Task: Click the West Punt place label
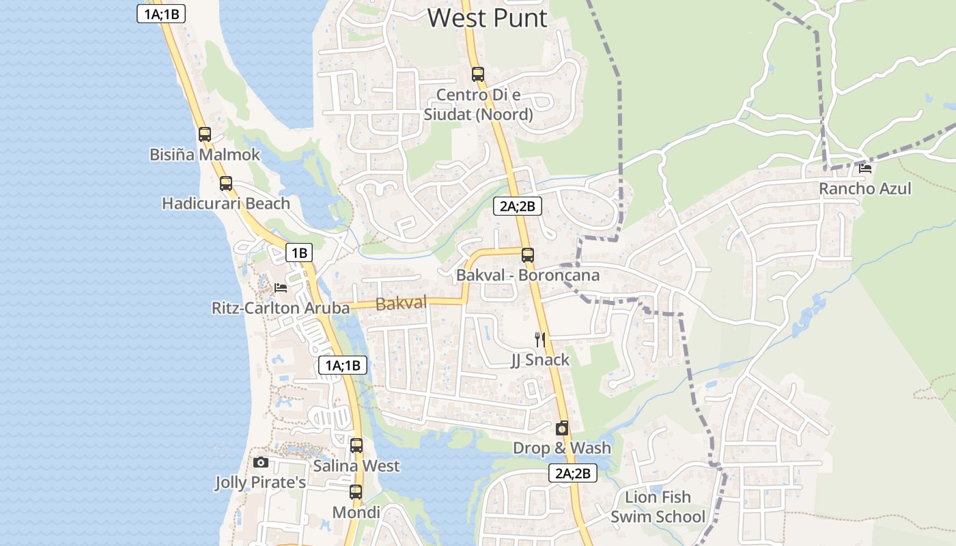click(x=488, y=18)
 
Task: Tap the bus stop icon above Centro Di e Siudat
click(x=478, y=74)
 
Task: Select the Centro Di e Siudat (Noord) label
click(x=478, y=104)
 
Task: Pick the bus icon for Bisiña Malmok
click(x=205, y=134)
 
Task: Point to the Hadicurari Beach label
click(x=226, y=203)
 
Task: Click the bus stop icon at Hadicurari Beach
click(x=226, y=184)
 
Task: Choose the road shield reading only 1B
click(x=298, y=253)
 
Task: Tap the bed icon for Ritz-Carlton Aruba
click(x=281, y=288)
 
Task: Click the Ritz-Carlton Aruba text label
click(x=281, y=308)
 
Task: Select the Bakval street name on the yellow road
click(x=401, y=304)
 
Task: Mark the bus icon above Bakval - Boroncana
click(x=528, y=255)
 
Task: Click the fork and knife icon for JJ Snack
click(x=540, y=339)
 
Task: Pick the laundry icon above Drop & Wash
click(x=562, y=428)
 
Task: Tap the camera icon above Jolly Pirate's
click(x=260, y=462)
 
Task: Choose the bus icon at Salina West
click(x=356, y=446)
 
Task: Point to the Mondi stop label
click(x=356, y=513)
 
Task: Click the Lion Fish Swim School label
click(x=658, y=506)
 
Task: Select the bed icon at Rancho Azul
click(x=865, y=168)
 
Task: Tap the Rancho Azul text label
click(x=865, y=188)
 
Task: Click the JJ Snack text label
click(x=540, y=360)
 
